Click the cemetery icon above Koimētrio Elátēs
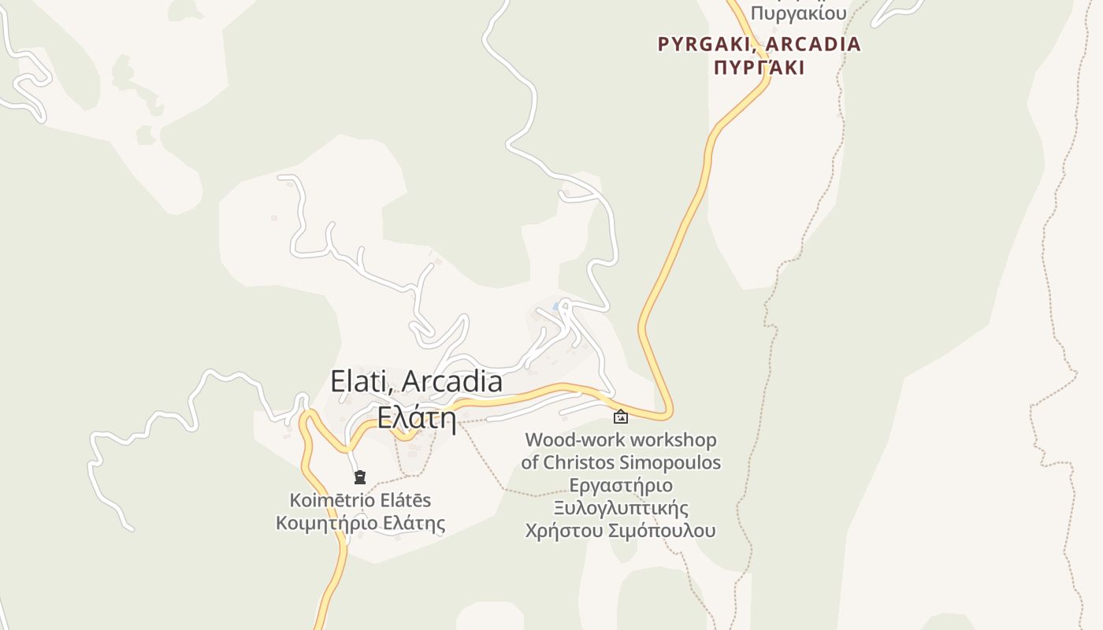pos(360,476)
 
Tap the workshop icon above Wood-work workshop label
pos(621,417)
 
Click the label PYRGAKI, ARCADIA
pos(759,44)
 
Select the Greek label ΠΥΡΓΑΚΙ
pos(759,68)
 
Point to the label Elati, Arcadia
pos(416,381)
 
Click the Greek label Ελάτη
pos(416,417)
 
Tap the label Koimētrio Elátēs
pos(360,500)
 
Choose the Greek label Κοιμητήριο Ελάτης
pos(360,524)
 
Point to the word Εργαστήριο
pos(621,485)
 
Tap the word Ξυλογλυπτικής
pos(621,508)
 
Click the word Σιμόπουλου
pos(663,531)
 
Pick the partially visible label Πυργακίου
pos(798,13)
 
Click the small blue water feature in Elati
pos(556,306)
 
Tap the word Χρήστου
pos(564,531)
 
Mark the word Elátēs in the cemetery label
pos(404,500)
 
